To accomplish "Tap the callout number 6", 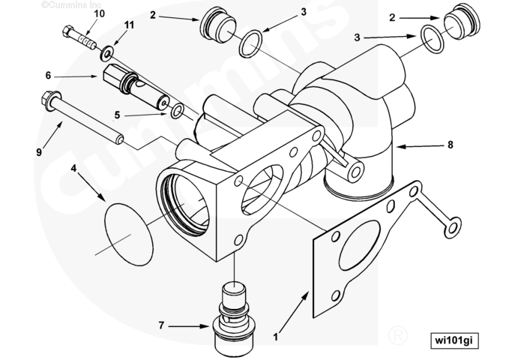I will point(48,75).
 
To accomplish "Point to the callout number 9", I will point(38,152).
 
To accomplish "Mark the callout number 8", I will point(450,145).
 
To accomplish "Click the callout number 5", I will point(117,115).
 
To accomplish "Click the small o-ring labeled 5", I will point(178,112).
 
